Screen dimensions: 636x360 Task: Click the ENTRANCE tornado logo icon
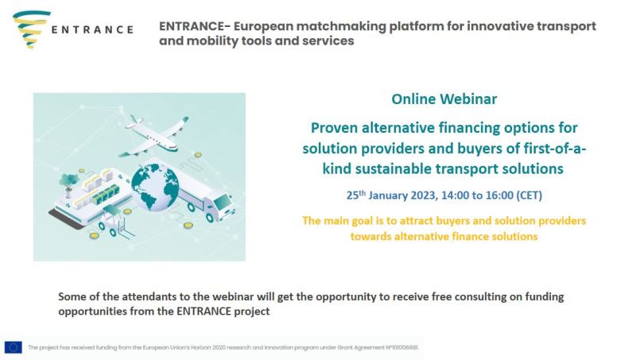pyautogui.click(x=31, y=29)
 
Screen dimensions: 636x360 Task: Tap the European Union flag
pyautogui.click(x=13, y=347)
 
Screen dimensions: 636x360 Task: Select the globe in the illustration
pyautogui.click(x=155, y=187)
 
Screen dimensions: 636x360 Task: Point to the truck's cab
pyautogui.click(x=219, y=206)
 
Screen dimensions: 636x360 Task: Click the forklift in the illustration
pyautogui.click(x=115, y=223)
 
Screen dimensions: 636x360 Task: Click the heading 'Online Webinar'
pyautogui.click(x=444, y=99)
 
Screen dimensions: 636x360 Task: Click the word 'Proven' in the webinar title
pyautogui.click(x=334, y=128)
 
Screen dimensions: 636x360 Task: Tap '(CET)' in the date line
pyautogui.click(x=529, y=195)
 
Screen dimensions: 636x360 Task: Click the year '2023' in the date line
pyautogui.click(x=424, y=195)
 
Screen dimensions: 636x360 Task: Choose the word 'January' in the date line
pyautogui.click(x=388, y=195)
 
